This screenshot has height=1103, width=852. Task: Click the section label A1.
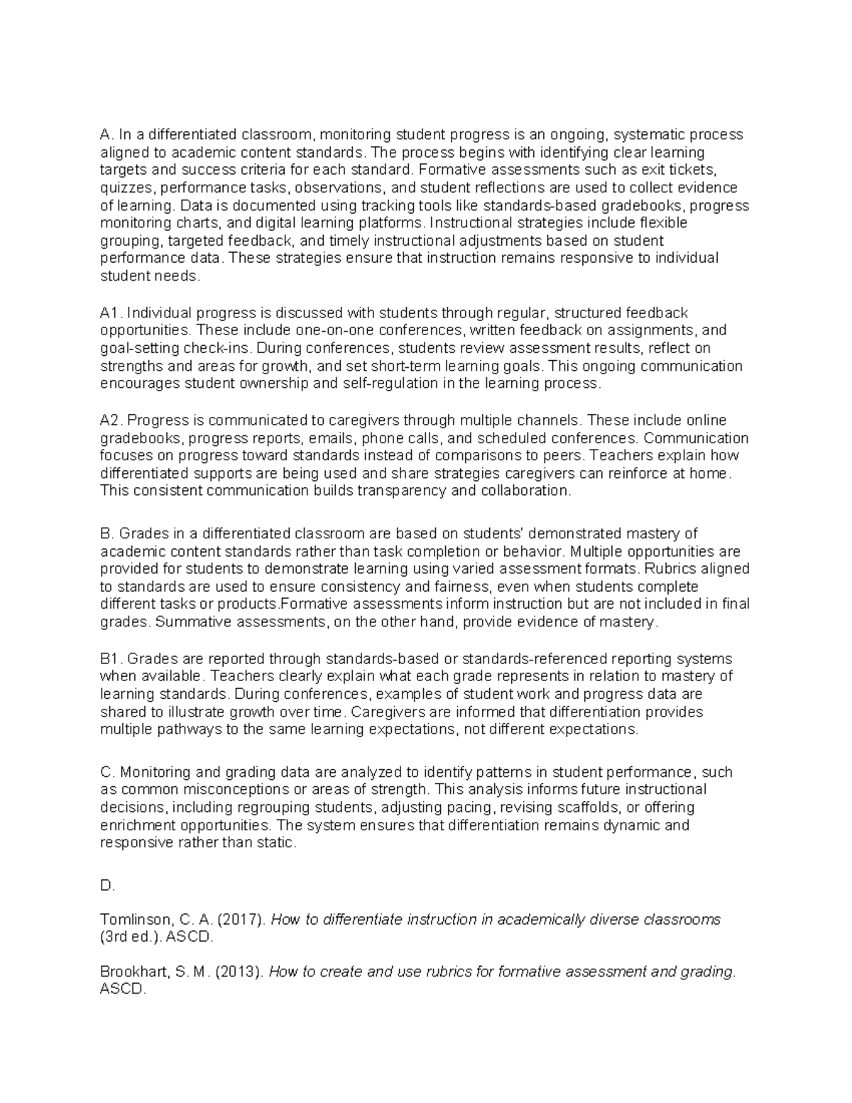click(x=111, y=313)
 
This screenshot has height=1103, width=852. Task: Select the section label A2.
click(x=111, y=420)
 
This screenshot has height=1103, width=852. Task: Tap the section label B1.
click(x=111, y=658)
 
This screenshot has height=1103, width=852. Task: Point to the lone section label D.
click(x=107, y=886)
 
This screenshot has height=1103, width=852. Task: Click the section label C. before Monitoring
click(x=108, y=772)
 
